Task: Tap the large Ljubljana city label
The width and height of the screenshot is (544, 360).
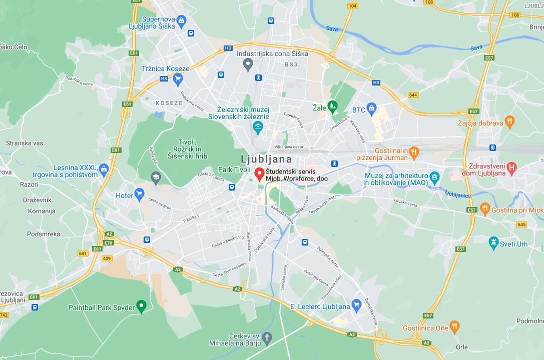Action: (x=266, y=159)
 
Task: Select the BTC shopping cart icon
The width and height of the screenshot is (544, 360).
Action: (x=371, y=107)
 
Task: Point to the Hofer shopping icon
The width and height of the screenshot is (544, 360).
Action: (x=140, y=193)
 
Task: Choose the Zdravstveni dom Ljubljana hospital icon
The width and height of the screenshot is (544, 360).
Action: (x=511, y=168)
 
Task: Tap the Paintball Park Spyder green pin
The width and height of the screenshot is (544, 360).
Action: (x=142, y=305)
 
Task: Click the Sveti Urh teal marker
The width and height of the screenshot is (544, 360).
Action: (x=493, y=242)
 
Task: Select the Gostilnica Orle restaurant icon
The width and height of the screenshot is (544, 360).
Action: (x=454, y=326)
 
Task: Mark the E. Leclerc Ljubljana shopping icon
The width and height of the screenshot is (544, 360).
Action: (x=356, y=304)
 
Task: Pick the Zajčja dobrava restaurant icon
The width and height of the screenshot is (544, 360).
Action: (x=509, y=121)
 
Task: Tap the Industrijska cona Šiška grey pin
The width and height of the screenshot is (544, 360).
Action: (x=247, y=63)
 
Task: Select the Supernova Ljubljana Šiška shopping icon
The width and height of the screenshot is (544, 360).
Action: (x=181, y=20)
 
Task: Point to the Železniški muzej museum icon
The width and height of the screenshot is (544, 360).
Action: (x=258, y=126)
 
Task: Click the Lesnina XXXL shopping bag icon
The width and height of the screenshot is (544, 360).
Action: (x=104, y=168)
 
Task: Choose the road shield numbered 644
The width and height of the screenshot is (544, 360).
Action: (x=413, y=94)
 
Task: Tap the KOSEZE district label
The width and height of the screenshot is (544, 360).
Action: (x=169, y=102)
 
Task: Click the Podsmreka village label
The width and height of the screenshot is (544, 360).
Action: (x=44, y=234)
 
